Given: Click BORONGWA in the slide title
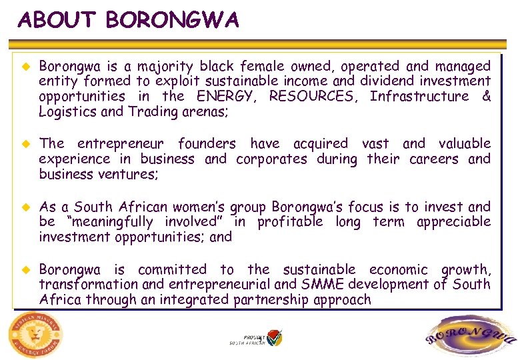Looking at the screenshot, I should coord(172,21).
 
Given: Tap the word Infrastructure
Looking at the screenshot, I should coord(419,97).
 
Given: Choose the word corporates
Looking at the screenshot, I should coord(272,159).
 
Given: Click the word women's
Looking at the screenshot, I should coord(188,207).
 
